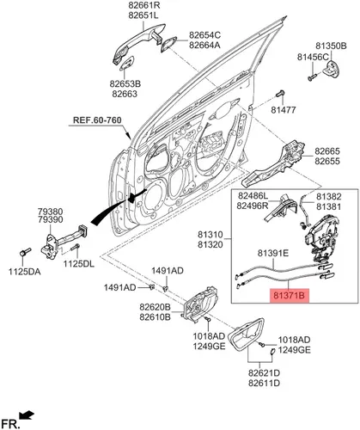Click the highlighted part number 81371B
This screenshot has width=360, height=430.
point(289,296)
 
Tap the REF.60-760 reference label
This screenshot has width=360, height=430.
point(97,120)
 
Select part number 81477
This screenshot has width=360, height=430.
point(284,109)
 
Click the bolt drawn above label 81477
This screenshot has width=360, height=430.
point(280,94)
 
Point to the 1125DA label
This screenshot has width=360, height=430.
point(25,272)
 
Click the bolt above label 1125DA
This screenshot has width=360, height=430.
point(25,252)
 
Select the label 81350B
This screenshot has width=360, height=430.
point(331,46)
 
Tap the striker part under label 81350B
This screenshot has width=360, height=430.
point(332,69)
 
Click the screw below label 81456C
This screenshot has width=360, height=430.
point(312,77)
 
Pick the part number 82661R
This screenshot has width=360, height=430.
point(144,5)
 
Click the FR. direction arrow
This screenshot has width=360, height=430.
point(27,415)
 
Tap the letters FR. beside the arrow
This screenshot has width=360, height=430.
point(10,423)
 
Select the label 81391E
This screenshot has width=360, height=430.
point(273,253)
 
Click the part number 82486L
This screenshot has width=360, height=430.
point(253,196)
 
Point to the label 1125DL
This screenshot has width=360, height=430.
point(78,264)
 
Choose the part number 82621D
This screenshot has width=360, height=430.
point(264,373)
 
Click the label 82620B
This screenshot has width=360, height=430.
point(155,307)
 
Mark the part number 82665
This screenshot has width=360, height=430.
point(327,151)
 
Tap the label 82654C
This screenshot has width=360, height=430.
point(204,35)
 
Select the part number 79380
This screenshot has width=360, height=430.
point(51,212)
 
